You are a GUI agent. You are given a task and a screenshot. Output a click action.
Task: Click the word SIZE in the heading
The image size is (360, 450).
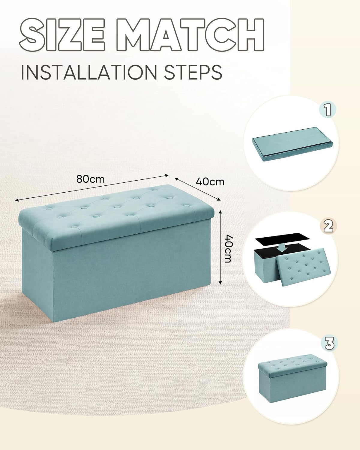click(x=62, y=34)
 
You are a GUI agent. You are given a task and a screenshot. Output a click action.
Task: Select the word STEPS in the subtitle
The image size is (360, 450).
click(x=193, y=72)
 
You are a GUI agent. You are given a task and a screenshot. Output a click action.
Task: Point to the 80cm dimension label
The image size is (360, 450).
click(x=90, y=179)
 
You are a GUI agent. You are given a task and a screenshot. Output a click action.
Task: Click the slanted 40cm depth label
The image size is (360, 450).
click(x=210, y=182)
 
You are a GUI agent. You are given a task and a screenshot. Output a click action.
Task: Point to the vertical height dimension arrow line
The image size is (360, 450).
click(x=220, y=247)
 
